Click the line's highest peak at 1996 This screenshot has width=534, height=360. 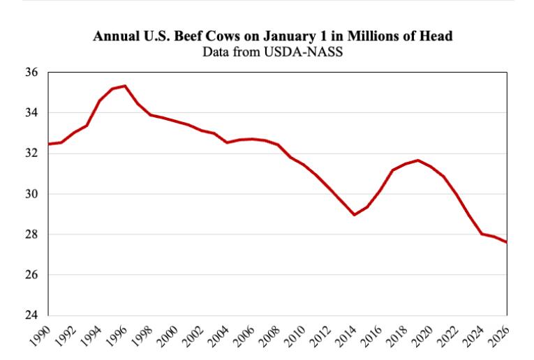point(124,86)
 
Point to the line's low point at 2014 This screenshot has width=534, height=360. point(354,214)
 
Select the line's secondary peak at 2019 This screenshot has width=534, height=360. point(417,160)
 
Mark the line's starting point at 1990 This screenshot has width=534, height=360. point(48,144)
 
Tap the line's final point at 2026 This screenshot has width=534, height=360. point(506,242)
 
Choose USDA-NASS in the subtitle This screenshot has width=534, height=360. point(308,50)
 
